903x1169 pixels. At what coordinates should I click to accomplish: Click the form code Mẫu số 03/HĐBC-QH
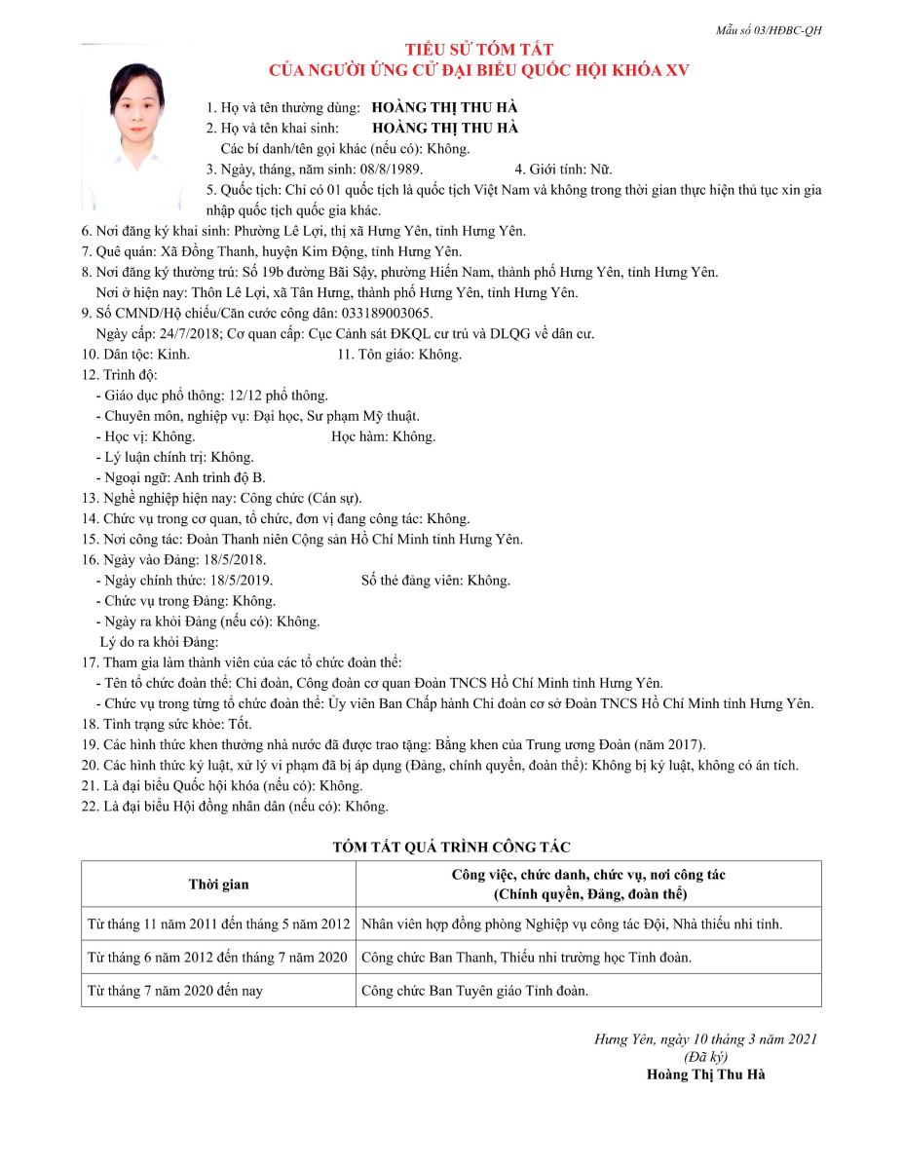click(769, 30)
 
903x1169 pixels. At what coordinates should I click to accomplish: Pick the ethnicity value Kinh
click(173, 355)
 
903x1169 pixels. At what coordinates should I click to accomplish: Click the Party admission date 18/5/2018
click(235, 559)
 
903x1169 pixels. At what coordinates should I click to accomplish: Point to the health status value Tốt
click(239, 724)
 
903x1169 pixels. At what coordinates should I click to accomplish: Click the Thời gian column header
click(218, 885)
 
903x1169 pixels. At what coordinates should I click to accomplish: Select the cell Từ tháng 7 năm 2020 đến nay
click(175, 991)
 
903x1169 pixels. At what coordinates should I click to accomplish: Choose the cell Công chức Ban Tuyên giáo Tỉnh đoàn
click(474, 991)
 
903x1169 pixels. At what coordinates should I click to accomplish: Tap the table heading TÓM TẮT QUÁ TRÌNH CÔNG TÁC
click(451, 848)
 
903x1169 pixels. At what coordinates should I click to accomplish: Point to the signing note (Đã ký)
click(706, 1057)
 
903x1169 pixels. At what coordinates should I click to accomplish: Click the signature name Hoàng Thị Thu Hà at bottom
click(706, 1075)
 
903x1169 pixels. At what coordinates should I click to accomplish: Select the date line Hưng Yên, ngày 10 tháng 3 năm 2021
click(706, 1039)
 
